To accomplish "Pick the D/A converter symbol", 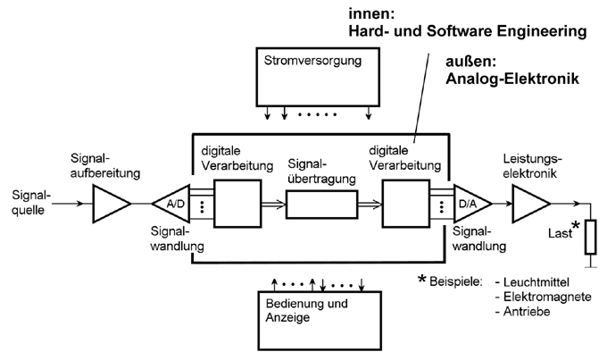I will (469, 205).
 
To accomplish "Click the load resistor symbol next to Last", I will (589, 237).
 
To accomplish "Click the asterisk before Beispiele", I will (422, 280).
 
